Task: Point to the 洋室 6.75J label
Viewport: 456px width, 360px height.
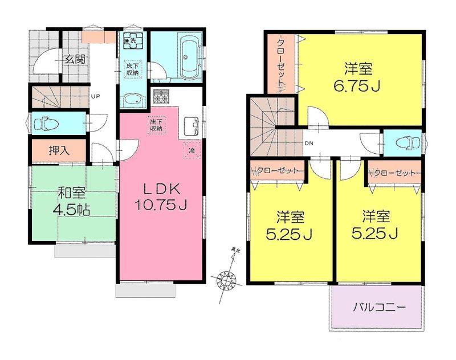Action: pos(358,78)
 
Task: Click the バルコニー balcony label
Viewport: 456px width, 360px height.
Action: pos(378,308)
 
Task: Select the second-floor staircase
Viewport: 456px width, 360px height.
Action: pos(268,131)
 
